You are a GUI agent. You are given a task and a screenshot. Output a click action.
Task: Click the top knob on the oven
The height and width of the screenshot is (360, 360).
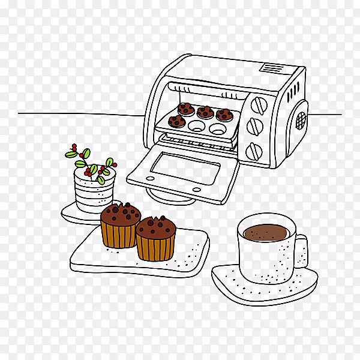(259, 104)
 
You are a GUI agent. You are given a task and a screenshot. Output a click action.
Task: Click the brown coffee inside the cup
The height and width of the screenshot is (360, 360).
(266, 232)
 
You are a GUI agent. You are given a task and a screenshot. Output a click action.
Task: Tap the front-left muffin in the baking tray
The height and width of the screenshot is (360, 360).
(176, 122)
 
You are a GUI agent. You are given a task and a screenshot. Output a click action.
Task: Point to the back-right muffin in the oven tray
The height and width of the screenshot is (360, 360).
(224, 115)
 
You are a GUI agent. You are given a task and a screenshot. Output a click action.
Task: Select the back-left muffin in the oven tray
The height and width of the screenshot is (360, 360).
(186, 109)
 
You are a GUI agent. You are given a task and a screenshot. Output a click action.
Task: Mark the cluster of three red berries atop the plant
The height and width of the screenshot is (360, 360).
(74, 147)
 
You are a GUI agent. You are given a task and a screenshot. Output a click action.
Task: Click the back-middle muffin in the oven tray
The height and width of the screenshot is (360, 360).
(205, 112)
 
